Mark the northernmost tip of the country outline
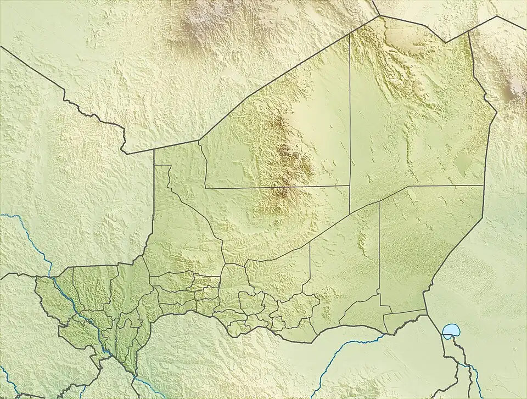pos(379,16)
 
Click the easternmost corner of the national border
pos(497,113)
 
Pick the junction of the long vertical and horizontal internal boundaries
pos(350,186)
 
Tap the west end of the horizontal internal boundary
pos(205,187)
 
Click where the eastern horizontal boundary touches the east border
pos(484,186)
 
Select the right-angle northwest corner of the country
pos(154,149)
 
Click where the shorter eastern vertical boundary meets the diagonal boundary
pos(379,201)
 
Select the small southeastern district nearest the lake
pos(403,323)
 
